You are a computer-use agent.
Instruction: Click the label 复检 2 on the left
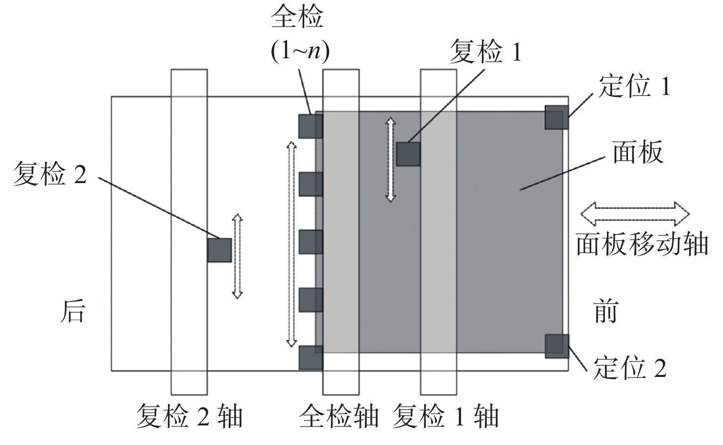click(x=50, y=174)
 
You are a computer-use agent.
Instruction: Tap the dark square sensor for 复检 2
click(x=219, y=250)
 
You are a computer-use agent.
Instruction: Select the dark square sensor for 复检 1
click(x=409, y=154)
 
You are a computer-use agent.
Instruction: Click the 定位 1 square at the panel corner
click(x=557, y=117)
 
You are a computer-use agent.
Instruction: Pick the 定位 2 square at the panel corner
click(x=557, y=346)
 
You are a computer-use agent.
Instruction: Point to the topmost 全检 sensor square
click(x=311, y=126)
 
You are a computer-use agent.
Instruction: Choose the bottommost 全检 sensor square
click(x=311, y=357)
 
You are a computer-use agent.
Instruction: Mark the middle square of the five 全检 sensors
click(x=311, y=242)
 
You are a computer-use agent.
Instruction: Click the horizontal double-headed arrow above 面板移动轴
click(x=635, y=214)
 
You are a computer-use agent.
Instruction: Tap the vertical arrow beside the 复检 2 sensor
click(x=238, y=257)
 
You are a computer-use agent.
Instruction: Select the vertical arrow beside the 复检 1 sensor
click(x=391, y=160)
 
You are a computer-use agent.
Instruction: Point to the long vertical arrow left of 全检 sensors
click(x=291, y=244)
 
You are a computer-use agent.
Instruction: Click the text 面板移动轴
click(x=642, y=244)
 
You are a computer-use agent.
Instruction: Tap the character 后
click(x=73, y=311)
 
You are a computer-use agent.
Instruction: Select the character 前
click(x=605, y=311)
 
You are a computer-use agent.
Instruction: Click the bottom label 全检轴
click(x=339, y=416)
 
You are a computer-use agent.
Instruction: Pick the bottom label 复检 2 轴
click(x=189, y=416)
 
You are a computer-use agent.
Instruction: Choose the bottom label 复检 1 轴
click(x=445, y=416)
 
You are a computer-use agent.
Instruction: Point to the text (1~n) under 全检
click(x=300, y=51)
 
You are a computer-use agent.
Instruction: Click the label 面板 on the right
click(x=638, y=152)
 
